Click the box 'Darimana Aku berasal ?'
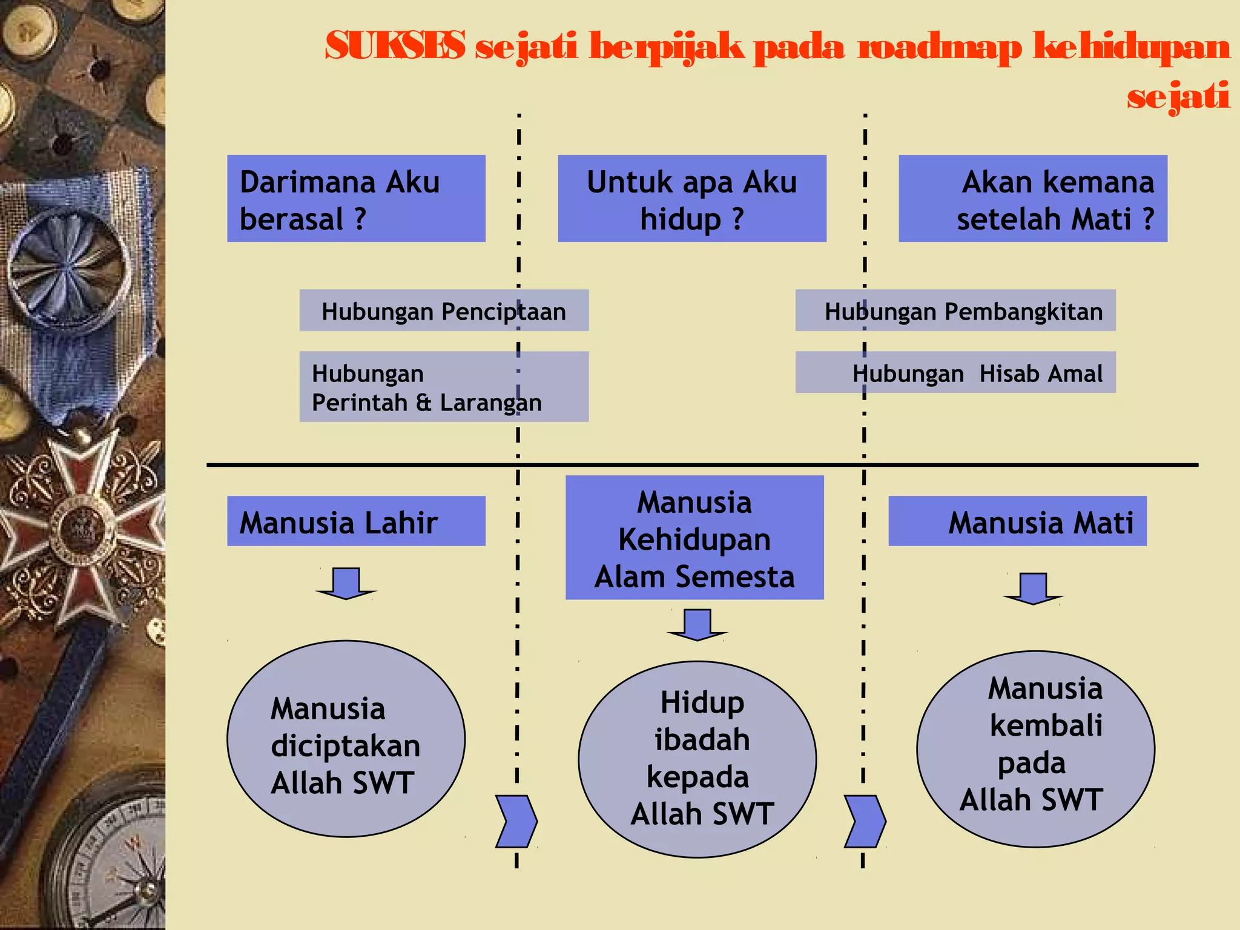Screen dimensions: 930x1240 click(356, 199)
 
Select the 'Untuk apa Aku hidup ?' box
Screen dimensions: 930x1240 click(691, 199)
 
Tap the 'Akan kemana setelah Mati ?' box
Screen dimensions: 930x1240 click(1032, 199)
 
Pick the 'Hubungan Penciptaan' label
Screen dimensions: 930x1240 click(444, 311)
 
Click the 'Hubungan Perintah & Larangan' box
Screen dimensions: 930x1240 click(444, 386)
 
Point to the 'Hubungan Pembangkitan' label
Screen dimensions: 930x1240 click(955, 311)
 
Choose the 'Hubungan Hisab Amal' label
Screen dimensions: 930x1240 click(955, 372)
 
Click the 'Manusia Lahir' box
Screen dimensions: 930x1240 click(356, 521)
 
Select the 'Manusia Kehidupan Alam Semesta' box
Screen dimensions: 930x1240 click(694, 538)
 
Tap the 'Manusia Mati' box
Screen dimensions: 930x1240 click(1017, 521)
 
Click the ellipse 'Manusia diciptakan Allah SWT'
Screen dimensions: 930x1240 click(346, 739)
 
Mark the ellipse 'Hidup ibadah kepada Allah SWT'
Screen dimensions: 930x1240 click(697, 759)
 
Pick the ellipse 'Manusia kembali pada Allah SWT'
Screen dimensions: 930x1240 click(1035, 749)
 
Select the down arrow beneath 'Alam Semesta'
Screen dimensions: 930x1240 click(697, 625)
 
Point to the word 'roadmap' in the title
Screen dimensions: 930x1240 click(939, 47)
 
